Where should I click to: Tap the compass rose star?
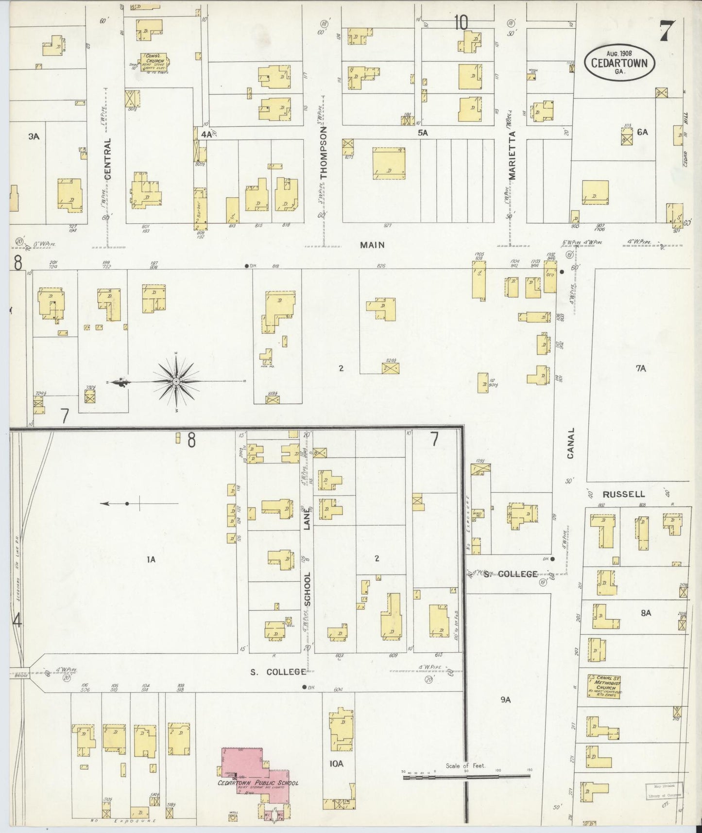175,382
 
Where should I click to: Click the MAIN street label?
372,245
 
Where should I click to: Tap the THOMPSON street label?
324,153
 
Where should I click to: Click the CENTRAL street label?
108,158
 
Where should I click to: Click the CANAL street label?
570,443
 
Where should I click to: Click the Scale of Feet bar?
466,778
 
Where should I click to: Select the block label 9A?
506,699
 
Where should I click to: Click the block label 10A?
336,764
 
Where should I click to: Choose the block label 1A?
151,559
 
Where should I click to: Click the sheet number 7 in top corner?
666,33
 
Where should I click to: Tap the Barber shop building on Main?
199,209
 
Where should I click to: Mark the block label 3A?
33,137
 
